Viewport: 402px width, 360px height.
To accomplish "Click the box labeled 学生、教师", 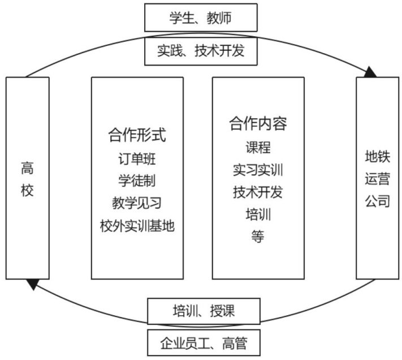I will [x=201, y=18].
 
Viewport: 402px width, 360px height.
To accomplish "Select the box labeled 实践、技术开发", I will [x=201, y=51].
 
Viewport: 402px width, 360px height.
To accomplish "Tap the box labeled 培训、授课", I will [x=204, y=310].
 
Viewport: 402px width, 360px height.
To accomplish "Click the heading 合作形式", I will [x=137, y=135].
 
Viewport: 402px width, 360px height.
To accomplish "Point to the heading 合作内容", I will [x=258, y=123].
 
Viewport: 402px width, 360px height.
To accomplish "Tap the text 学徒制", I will [x=137, y=181].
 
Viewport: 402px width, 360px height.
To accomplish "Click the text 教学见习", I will [x=137, y=203].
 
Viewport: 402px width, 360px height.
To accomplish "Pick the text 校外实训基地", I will [x=137, y=226].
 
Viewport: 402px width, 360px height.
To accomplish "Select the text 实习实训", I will [x=258, y=169].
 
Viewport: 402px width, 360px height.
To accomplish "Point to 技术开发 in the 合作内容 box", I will [x=258, y=192].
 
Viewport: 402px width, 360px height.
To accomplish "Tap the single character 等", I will [x=258, y=237].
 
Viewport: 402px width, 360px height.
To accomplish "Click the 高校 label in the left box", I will [x=27, y=178].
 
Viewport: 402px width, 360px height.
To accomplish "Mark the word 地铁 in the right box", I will [x=377, y=156].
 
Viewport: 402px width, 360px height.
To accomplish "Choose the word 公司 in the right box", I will [x=377, y=201].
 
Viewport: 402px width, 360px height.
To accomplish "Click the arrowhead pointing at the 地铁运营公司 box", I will [x=370, y=72].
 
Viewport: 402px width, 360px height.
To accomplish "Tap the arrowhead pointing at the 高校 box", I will [x=33, y=284].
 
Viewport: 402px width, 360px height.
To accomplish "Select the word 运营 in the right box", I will [x=377, y=178].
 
